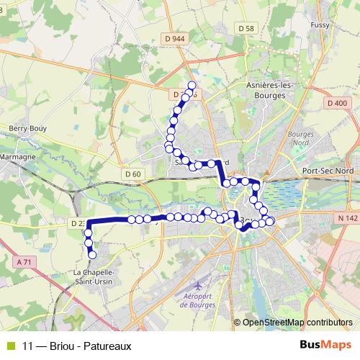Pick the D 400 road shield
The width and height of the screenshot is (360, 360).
point(337,103)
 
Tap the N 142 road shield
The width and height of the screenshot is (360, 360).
point(346,217)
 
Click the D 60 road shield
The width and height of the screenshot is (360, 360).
point(132,174)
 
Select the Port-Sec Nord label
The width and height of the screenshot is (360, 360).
point(329,170)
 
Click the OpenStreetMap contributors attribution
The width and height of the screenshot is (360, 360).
point(297,323)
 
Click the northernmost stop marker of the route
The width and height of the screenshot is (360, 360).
point(192,86)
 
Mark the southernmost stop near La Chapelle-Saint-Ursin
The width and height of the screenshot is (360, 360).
point(92,254)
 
